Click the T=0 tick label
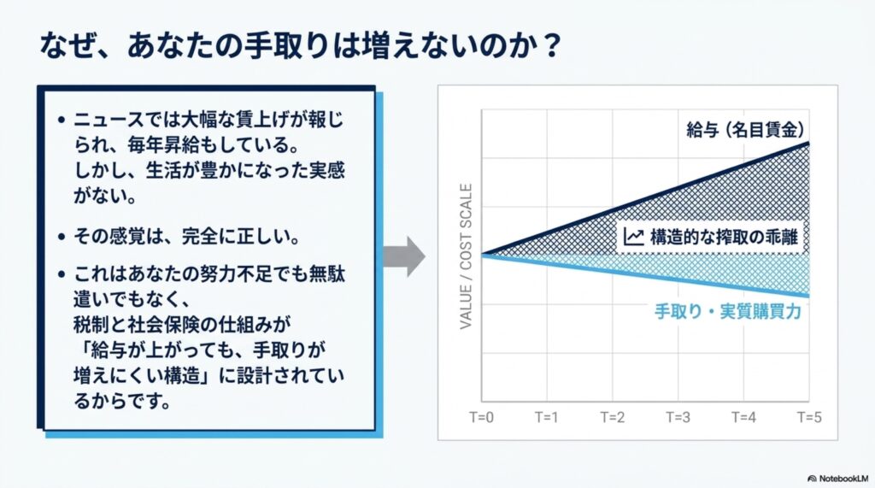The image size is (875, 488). tap(481, 417)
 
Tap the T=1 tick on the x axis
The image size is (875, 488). tap(546, 417)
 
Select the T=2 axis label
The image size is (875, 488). tap(612, 417)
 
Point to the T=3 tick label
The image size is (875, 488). tap(678, 417)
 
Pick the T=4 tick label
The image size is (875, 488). tap(744, 417)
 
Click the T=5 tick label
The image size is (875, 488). tap(809, 417)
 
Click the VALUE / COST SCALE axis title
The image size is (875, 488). tap(466, 256)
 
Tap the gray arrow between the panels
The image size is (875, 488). tap(404, 256)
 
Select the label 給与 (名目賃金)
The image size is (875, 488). tap(745, 130)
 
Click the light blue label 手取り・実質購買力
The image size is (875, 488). tap(728, 311)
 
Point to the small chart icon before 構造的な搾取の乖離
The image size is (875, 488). tap(633, 237)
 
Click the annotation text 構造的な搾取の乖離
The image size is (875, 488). tap(724, 237)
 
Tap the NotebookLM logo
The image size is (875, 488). tap(838, 479)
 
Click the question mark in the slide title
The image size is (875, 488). tap(552, 46)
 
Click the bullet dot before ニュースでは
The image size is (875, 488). tap(62, 120)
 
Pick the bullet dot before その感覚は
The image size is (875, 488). tap(62, 237)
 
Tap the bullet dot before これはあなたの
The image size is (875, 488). tap(62, 274)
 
